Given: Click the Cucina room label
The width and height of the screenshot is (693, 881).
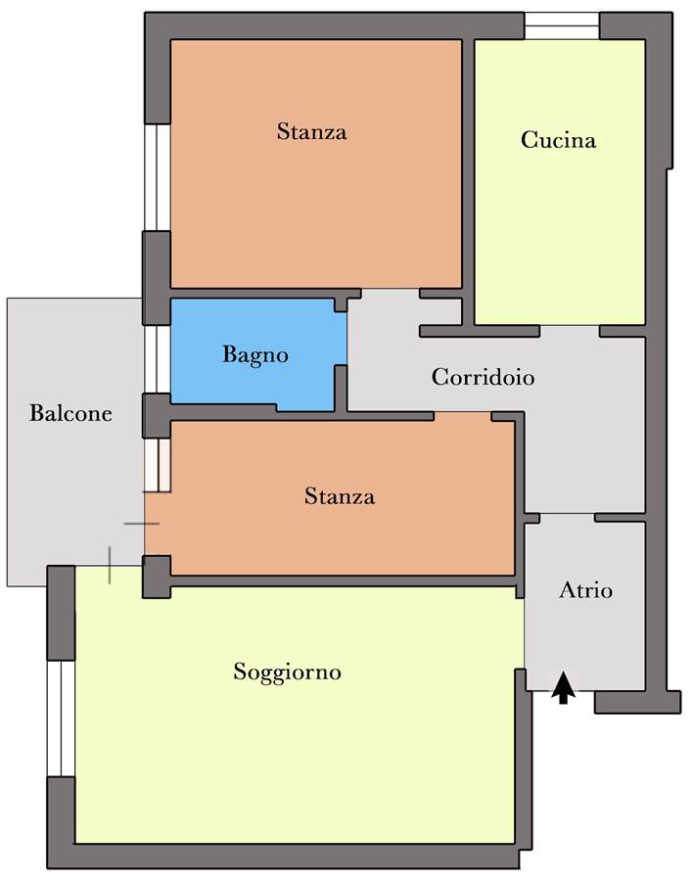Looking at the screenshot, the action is tap(558, 139).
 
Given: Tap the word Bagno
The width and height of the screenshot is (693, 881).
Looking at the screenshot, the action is tap(255, 355).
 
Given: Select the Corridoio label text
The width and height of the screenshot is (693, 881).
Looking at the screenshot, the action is tap(483, 377).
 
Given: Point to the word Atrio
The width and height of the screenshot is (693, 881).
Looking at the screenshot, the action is tap(585, 590).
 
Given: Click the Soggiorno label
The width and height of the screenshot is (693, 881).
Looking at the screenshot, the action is tap(287, 672).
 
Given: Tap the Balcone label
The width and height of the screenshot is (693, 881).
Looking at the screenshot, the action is tap(70, 413).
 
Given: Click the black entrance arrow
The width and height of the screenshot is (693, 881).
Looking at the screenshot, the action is tap(563, 688).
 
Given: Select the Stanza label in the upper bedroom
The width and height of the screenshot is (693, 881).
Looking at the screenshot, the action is tap(311, 131).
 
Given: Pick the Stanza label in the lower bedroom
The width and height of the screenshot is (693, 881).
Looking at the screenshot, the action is tap(340, 496).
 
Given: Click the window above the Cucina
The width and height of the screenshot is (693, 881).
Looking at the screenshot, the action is tap(562, 25).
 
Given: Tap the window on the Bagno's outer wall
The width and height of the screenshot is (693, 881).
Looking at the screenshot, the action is tap(158, 359).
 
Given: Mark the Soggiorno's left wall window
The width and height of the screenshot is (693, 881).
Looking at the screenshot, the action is tap(61, 719).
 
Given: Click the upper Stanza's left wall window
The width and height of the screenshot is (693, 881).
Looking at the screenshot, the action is tap(158, 177).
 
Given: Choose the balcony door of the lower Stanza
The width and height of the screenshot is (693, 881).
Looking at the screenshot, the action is tap(158, 465).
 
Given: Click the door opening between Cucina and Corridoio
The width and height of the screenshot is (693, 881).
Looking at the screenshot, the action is tap(570, 331).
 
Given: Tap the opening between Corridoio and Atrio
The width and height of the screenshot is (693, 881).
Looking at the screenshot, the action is tap(567, 518).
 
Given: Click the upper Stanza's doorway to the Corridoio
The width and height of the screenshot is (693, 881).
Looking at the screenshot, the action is tap(391, 294).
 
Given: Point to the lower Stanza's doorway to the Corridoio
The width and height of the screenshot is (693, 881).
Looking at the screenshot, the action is tap(463, 416).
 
